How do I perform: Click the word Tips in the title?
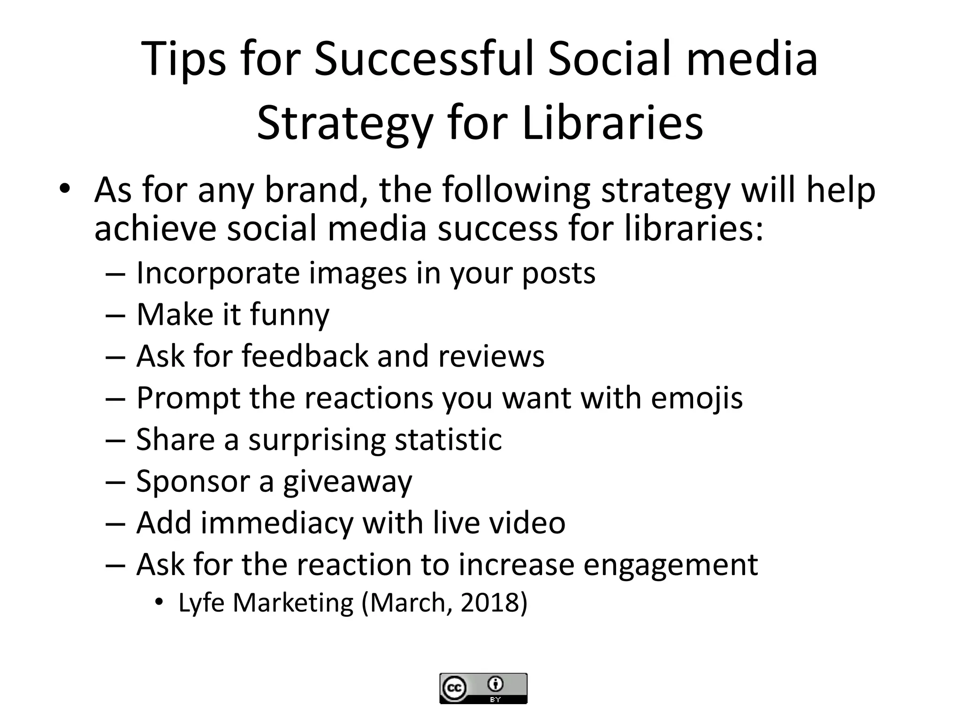183,60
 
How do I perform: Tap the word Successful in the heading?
424,60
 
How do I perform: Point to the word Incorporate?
217,273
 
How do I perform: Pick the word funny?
290,314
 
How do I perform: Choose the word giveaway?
347,482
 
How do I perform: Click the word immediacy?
277,522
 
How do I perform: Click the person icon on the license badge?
496,684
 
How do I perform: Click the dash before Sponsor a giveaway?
115,482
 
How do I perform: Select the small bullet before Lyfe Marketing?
160,603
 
